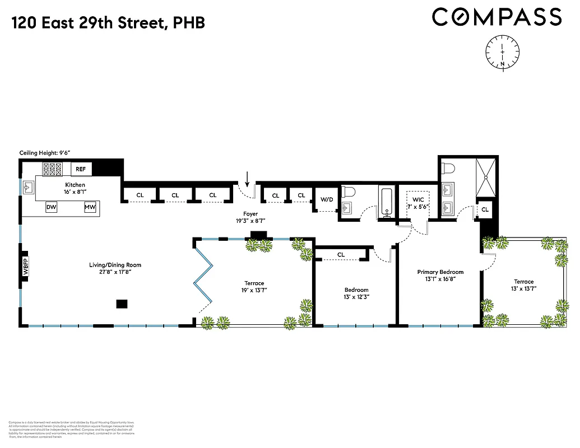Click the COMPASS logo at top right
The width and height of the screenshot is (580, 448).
[497, 16]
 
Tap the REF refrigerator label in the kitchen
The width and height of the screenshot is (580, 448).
[81, 168]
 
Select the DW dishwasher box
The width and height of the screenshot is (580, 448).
[51, 207]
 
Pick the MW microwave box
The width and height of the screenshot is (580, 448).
[90, 207]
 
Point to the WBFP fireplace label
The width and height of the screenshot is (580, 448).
[25, 265]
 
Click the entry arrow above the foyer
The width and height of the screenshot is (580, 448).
[247, 179]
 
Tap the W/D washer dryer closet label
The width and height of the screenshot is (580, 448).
[327, 199]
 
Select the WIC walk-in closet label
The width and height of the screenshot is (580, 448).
[418, 199]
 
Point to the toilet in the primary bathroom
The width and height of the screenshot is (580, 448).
[449, 167]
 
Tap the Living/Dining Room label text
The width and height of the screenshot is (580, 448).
[115, 265]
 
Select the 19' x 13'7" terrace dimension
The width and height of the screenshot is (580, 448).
[254, 291]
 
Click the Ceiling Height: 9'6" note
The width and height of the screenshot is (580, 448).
[45, 152]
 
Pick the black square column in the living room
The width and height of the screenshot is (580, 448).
[122, 304]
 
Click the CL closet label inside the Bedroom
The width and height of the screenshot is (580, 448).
[341, 254]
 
